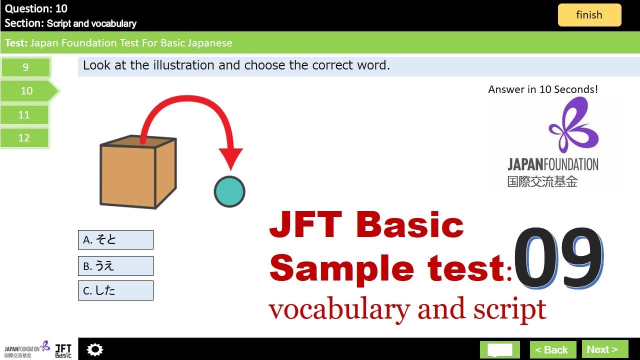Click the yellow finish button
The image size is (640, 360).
[589, 15]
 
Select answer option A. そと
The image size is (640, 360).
[115, 240]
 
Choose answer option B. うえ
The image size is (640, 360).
[115, 266]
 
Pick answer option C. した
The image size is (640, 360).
[115, 290]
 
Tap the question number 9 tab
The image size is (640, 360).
[25, 67]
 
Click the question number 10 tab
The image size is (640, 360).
[27, 91]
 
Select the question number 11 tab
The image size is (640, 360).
[24, 115]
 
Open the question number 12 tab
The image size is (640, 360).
[24, 138]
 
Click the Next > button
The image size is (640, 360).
[605, 349]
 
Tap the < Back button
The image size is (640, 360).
[551, 349]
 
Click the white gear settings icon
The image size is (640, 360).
[94, 349]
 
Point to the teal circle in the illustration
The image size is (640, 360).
[229, 191]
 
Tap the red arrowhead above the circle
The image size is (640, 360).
[230, 159]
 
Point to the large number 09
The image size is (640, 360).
[557, 258]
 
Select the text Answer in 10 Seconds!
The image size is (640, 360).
[543, 89]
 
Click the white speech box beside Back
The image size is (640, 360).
[500, 349]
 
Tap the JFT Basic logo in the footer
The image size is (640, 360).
[63, 349]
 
